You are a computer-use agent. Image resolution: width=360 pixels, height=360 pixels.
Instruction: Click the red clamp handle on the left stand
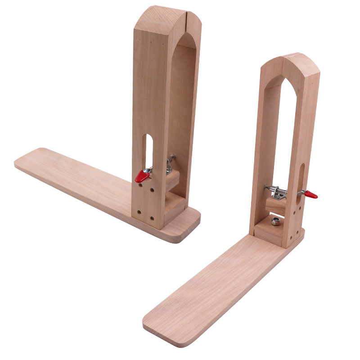142,176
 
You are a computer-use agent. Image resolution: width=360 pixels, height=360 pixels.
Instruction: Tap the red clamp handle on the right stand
310,195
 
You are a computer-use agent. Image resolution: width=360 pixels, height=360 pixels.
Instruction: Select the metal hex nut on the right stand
275,221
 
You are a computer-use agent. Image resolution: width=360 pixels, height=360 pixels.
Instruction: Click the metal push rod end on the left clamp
172,158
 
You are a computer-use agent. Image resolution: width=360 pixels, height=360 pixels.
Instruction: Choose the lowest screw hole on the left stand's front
151,218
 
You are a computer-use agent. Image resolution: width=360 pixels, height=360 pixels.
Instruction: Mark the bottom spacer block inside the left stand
174,205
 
